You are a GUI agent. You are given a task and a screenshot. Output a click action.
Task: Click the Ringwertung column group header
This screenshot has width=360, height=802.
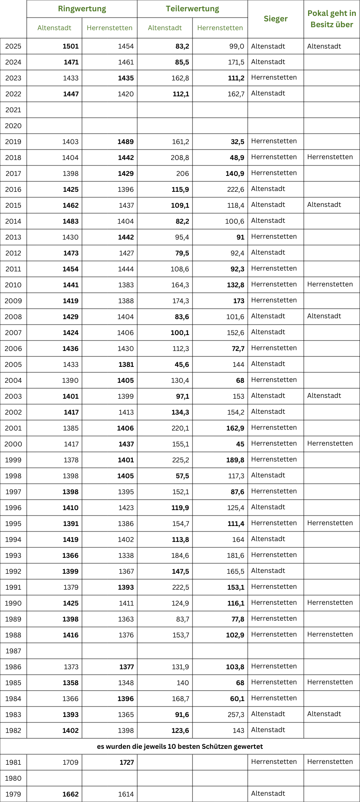click(x=82, y=9)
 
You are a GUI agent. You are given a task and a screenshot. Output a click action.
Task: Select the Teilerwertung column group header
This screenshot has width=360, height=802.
click(x=193, y=9)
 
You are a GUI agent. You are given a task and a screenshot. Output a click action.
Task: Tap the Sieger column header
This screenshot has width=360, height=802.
click(x=275, y=19)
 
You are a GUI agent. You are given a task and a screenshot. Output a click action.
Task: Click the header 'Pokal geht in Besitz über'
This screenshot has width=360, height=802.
click(x=332, y=19)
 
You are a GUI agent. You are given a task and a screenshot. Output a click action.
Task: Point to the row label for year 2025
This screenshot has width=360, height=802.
click(x=13, y=46)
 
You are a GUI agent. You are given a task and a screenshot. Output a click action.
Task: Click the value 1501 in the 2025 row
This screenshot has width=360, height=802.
click(x=71, y=46)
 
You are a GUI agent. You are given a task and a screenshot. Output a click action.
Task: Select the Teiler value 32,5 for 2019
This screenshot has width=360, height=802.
click(x=238, y=142)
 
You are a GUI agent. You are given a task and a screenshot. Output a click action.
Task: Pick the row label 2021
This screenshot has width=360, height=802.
click(x=13, y=110)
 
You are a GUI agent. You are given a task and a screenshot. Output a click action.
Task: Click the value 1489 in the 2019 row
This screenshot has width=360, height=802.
click(x=126, y=142)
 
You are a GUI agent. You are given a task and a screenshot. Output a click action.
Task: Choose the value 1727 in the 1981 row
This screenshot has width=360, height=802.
click(x=126, y=763)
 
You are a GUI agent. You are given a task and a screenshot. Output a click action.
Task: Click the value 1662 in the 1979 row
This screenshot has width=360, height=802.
click(x=71, y=794)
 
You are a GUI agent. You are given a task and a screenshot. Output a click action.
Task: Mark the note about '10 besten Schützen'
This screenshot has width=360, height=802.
click(x=180, y=747)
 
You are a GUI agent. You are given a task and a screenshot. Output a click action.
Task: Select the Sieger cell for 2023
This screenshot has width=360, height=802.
click(x=274, y=77)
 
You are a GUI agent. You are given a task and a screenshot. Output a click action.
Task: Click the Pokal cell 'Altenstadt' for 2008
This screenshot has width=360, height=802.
click(x=324, y=316)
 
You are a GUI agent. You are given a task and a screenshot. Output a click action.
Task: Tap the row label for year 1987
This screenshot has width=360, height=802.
click(x=13, y=651)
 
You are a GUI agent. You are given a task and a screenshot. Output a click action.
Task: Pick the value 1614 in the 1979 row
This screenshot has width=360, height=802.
click(x=126, y=794)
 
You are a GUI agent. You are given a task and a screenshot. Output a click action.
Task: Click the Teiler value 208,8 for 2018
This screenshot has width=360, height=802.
click(x=180, y=158)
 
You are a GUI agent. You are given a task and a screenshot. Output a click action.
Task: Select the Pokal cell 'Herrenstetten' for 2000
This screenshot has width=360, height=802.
click(x=330, y=444)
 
